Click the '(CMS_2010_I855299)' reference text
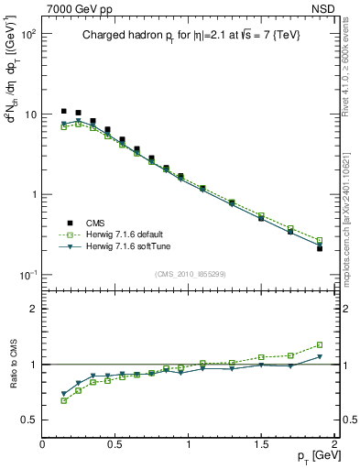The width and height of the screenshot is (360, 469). point(190,274)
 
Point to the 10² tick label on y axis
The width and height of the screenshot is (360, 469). point(27,34)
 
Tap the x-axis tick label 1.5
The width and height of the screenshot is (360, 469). point(261,444)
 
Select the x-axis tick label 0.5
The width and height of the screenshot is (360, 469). point(115,444)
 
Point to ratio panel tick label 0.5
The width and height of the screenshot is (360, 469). point(27,420)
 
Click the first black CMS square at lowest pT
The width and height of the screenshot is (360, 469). point(64,111)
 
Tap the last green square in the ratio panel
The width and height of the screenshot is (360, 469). point(319,345)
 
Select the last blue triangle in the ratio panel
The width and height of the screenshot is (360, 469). point(319,356)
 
